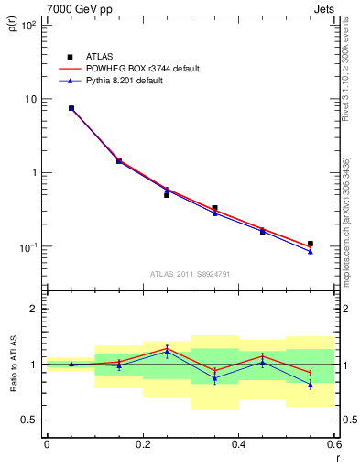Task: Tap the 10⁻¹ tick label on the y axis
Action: [x=30, y=247]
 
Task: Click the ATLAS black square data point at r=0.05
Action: [x=71, y=108]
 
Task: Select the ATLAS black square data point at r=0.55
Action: [x=311, y=244]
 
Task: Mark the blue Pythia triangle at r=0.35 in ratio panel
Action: [x=214, y=378]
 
